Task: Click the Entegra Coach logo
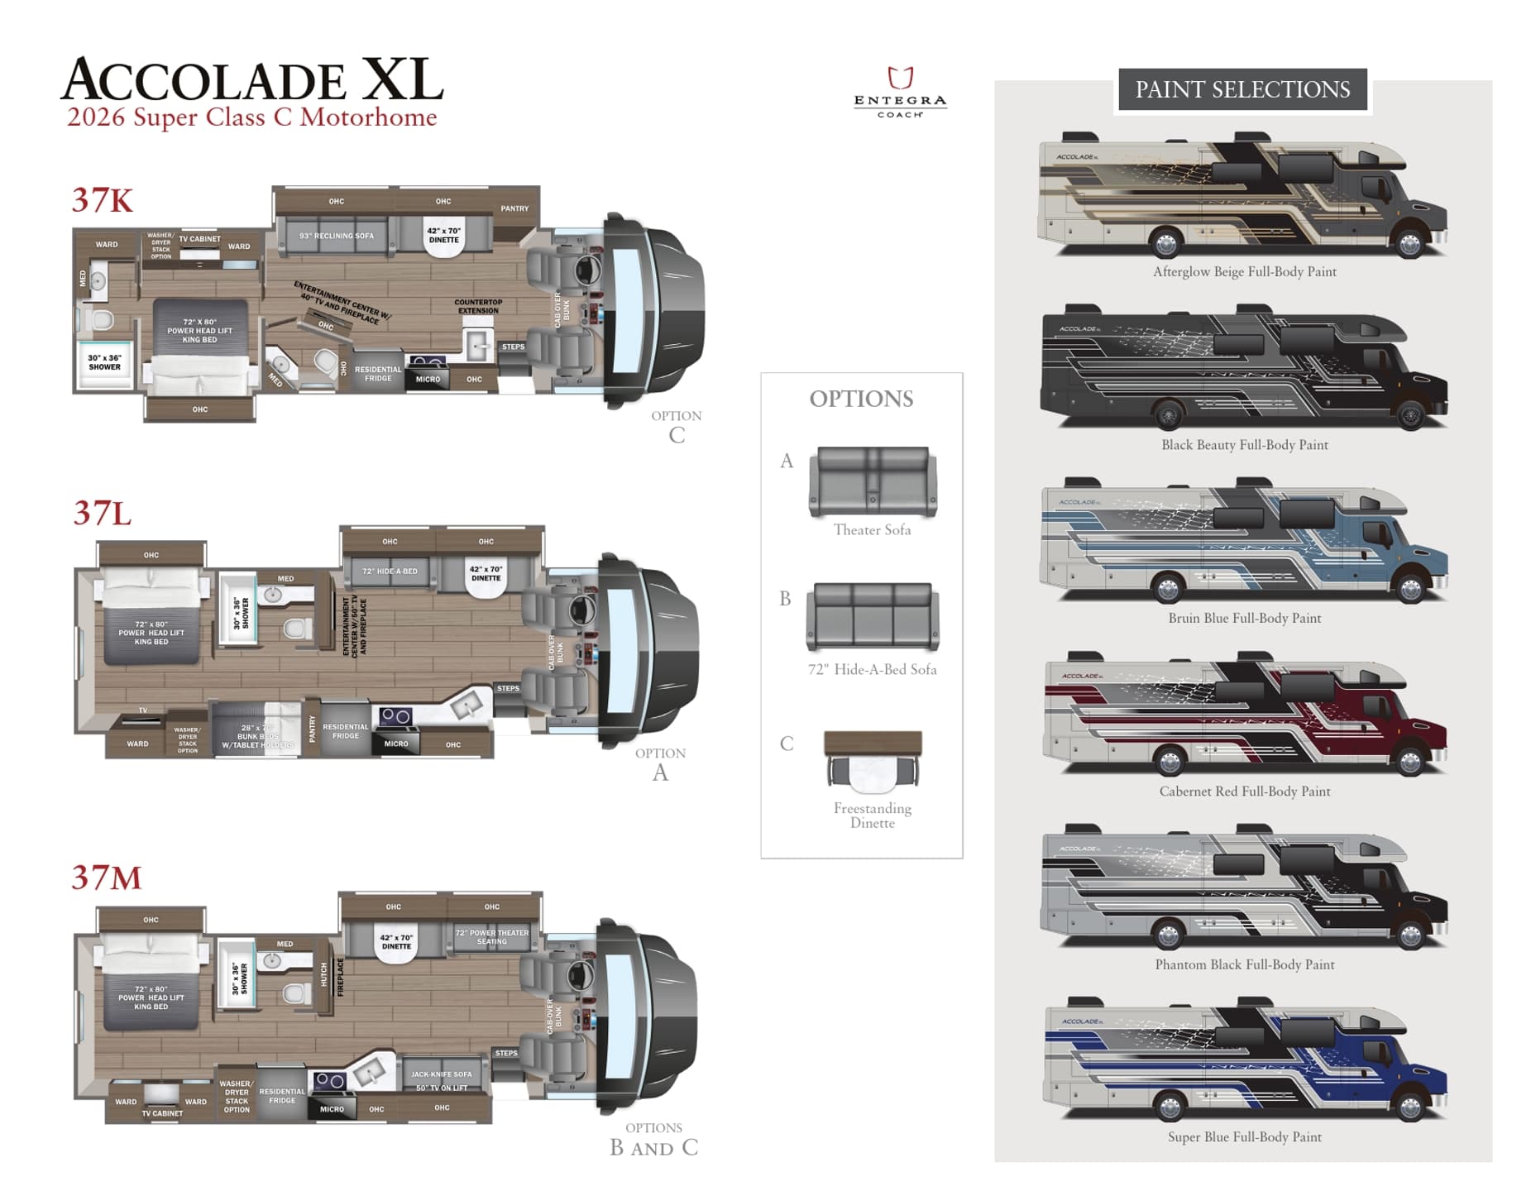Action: tap(899, 91)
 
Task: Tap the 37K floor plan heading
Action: tap(102, 200)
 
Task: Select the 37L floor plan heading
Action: tap(102, 514)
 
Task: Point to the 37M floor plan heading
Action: tap(106, 878)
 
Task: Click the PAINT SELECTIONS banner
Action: tap(1242, 89)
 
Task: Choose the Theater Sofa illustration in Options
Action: tap(873, 481)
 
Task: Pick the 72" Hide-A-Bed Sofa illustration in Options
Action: tap(873, 617)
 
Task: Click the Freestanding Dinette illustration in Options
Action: tap(873, 759)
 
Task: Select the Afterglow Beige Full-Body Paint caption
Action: tap(1244, 271)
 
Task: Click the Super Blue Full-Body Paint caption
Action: tap(1244, 1137)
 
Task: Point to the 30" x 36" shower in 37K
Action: tap(104, 362)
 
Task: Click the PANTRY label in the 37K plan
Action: tap(514, 208)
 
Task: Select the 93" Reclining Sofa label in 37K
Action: tap(337, 237)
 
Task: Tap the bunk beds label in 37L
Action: tap(257, 736)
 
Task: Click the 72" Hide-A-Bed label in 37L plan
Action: tap(390, 572)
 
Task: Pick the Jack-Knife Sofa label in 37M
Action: tap(441, 1074)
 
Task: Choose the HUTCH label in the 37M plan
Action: tap(324, 974)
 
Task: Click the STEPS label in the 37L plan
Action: tap(508, 688)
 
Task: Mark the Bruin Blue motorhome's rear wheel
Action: tap(1167, 588)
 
